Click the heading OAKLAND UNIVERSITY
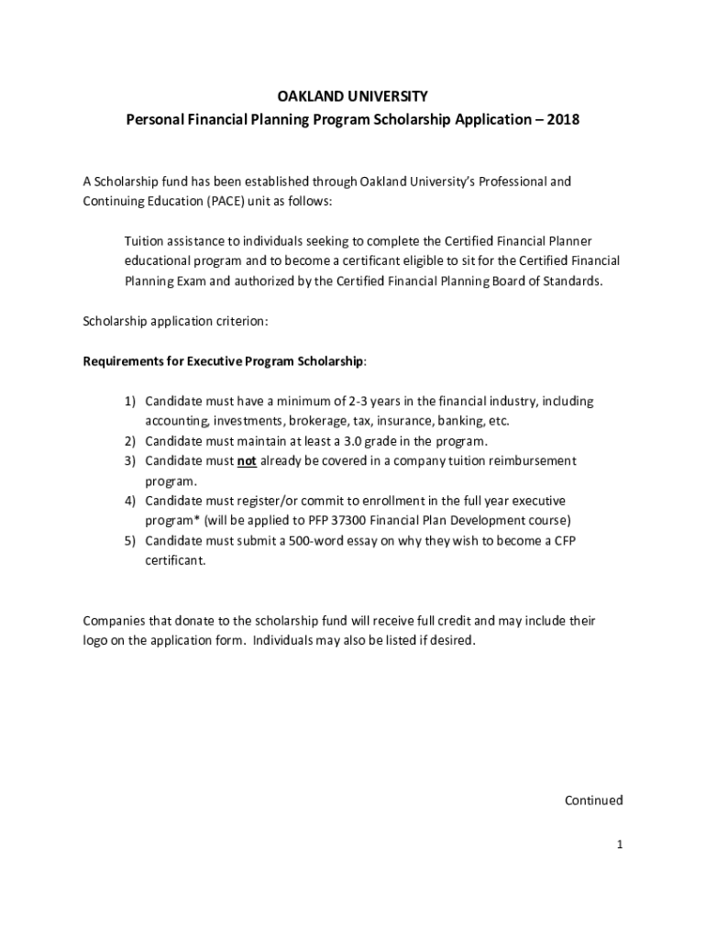pos(353,96)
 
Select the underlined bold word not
pos(247,461)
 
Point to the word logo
pos(96,641)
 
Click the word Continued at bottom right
pos(593,801)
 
